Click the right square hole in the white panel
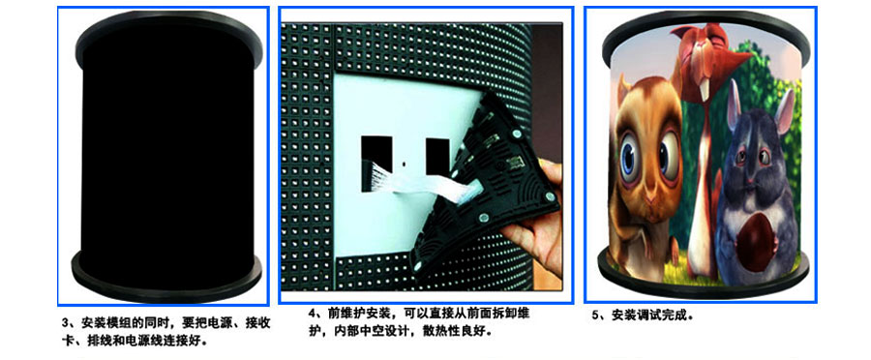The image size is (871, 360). click(437, 156)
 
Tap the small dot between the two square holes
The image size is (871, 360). click(404, 165)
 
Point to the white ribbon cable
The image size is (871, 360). click(422, 182)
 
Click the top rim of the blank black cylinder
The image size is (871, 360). click(168, 27)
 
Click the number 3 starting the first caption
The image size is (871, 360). click(65, 323)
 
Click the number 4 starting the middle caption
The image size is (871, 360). click(312, 314)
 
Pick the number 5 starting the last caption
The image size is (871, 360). click(595, 315)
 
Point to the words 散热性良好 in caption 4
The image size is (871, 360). click(453, 332)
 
